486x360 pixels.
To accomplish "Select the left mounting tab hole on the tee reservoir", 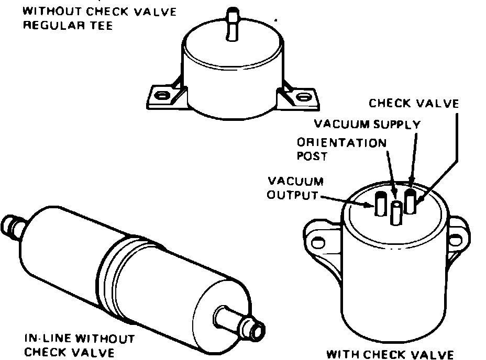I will [x=161, y=95].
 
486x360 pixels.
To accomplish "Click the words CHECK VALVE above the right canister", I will [x=414, y=103].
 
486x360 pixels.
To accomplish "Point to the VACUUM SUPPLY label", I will [x=367, y=124].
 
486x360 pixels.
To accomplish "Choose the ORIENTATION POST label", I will [x=342, y=149].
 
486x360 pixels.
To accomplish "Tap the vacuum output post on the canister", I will [x=380, y=203].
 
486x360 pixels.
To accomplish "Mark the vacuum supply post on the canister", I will [x=411, y=201].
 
